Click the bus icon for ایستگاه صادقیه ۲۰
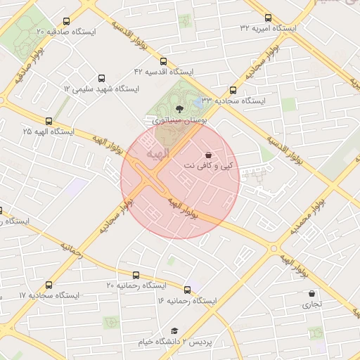coord(66,22)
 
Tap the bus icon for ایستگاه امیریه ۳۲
coord(268,18)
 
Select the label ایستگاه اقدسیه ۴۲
coord(164,72)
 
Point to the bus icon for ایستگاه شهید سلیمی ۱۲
coord(101,79)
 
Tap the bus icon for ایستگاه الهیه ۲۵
coord(49,121)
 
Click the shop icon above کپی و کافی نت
coord(208,155)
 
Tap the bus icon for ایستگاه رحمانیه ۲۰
coord(136,275)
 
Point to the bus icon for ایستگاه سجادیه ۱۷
coord(49,285)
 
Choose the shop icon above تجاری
coord(311,294)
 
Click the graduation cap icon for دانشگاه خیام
coord(174,330)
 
